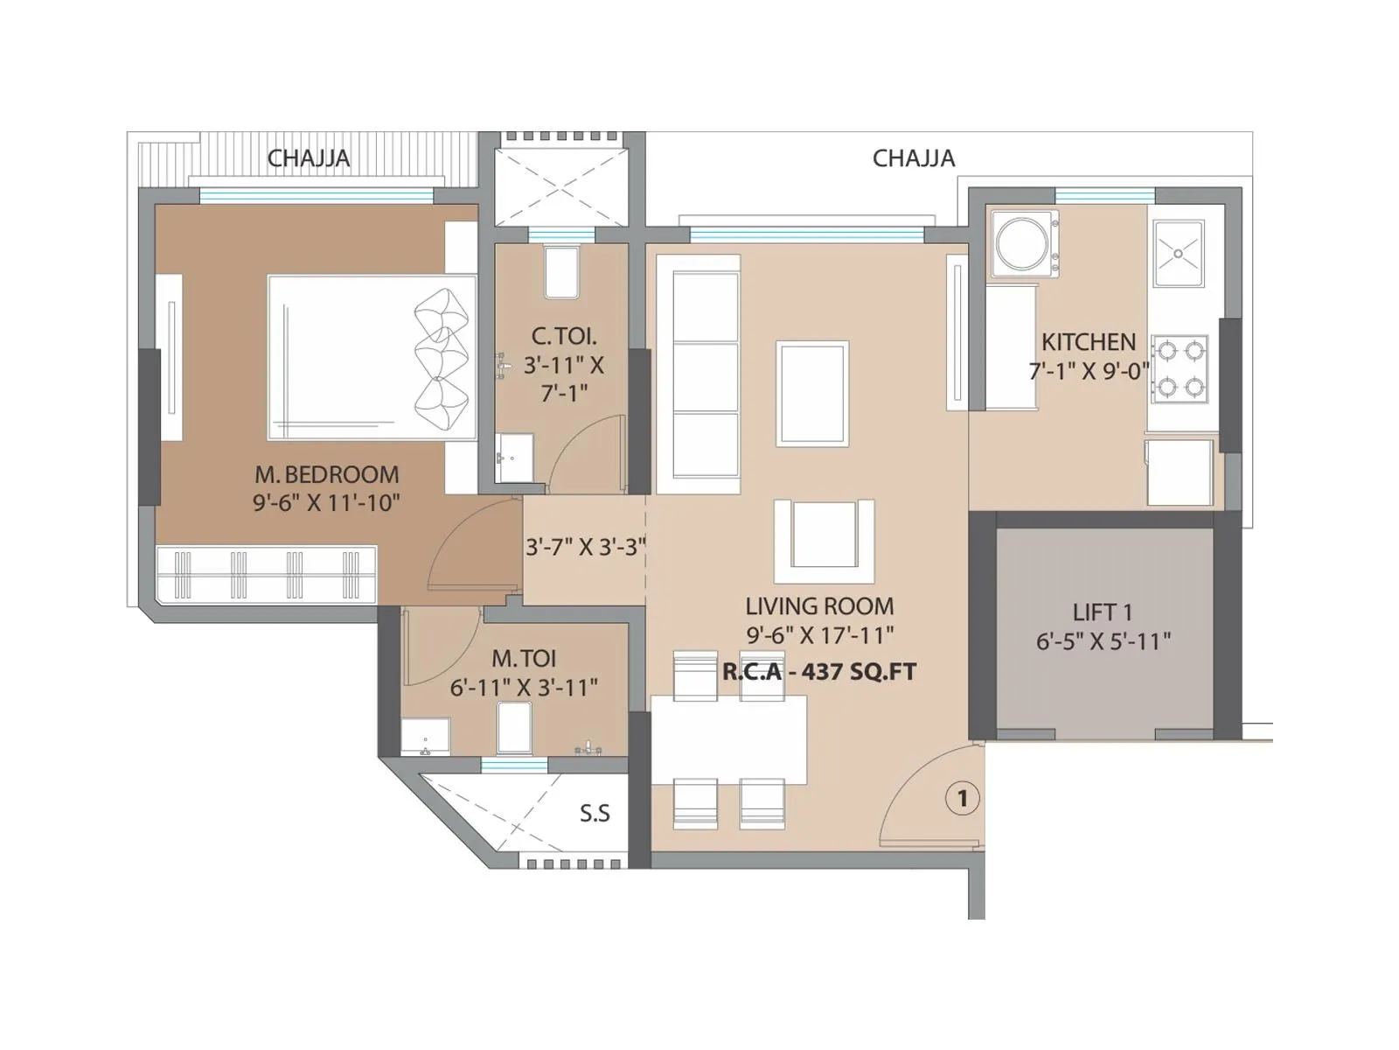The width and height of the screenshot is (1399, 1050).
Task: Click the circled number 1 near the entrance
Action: [x=963, y=798]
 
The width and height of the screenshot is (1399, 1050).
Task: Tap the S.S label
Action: [x=595, y=814]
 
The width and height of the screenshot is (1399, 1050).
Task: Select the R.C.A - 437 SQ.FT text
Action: [x=819, y=672]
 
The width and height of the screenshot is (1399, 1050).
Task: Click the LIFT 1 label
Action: [x=1103, y=612]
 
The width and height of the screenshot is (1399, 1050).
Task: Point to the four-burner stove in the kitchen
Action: [x=1179, y=368]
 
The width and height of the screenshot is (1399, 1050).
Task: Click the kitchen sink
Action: [x=1178, y=254]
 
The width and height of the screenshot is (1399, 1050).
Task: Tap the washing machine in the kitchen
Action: [x=1024, y=244]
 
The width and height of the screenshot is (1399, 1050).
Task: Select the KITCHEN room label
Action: [x=1089, y=342]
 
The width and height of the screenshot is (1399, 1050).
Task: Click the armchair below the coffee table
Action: [x=824, y=540]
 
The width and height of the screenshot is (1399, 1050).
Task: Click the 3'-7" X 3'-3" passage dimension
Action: [x=585, y=548]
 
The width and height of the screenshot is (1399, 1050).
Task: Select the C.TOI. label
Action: [x=564, y=336]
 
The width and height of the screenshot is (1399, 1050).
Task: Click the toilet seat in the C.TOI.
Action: [x=560, y=271]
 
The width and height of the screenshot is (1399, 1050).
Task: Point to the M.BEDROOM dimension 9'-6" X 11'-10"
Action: [x=326, y=503]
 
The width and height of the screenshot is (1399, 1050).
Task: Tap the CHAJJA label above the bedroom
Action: [x=308, y=158]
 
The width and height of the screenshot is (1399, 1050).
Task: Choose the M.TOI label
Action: [x=523, y=658]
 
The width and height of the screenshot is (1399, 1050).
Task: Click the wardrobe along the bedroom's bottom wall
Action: [x=267, y=574]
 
